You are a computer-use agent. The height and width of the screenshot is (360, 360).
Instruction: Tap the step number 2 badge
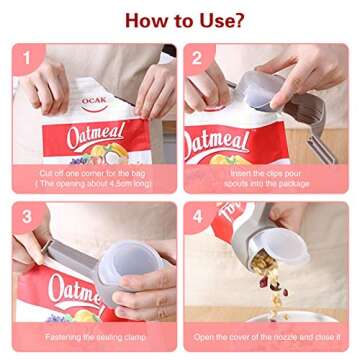(x=198, y=58)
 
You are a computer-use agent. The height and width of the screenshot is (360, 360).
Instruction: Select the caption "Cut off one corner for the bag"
(x=95, y=173)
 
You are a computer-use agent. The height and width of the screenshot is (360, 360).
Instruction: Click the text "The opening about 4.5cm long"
(x=95, y=184)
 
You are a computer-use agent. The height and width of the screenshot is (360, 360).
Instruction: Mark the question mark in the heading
(x=237, y=20)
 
